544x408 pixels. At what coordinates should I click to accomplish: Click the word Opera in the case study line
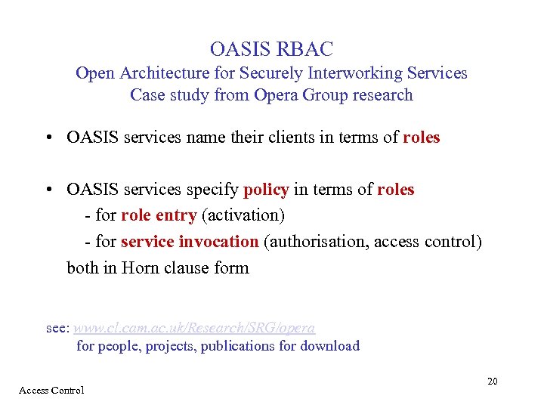coord(277,95)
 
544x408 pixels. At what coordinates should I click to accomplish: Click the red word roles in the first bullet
coord(421,138)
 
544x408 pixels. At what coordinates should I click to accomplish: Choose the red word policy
coord(266,190)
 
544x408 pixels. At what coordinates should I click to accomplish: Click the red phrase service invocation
coord(190,242)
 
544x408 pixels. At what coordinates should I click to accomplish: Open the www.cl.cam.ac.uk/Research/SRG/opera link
coord(194,328)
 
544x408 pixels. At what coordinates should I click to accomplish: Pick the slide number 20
coord(492,382)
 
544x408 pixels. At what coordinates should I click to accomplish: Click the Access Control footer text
coord(51,391)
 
